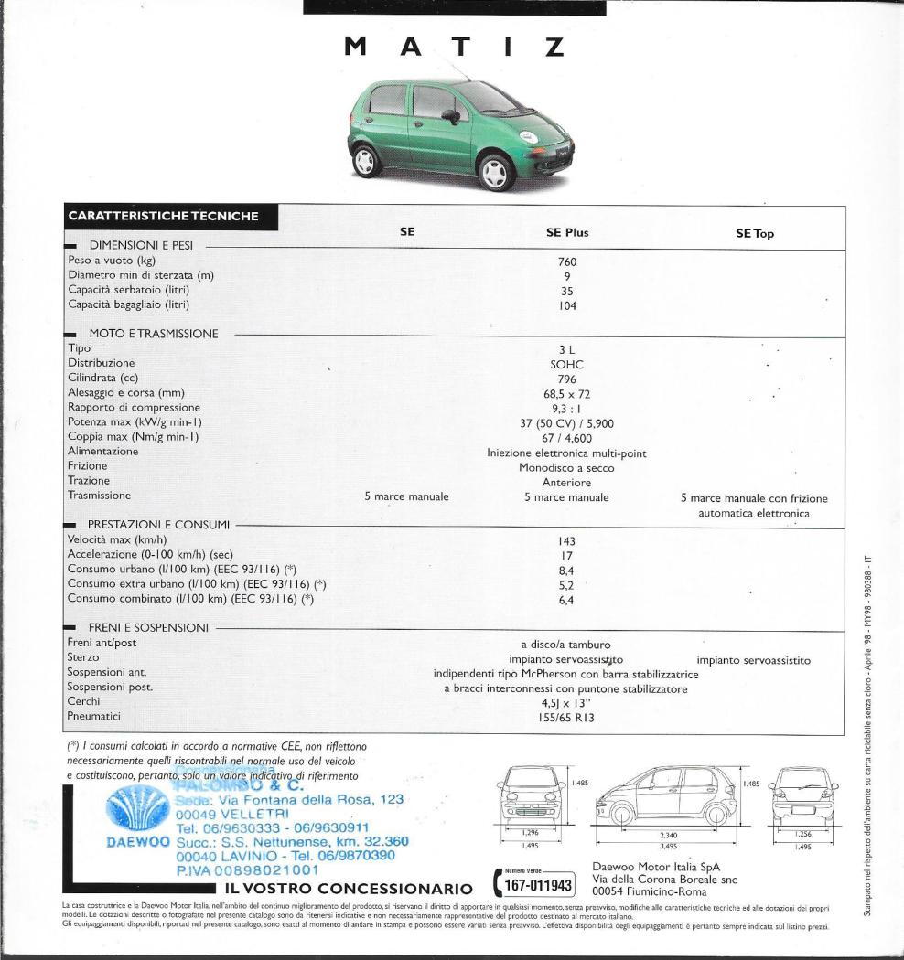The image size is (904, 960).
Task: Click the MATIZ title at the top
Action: (453, 46)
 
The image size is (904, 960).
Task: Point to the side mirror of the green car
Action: (452, 116)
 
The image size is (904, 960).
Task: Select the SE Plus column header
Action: (566, 232)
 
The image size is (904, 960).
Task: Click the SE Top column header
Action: (754, 233)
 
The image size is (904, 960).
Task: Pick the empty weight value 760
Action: (566, 261)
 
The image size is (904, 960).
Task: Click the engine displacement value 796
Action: (566, 378)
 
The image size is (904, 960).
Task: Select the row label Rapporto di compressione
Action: (134, 407)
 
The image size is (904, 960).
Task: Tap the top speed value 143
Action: (566, 540)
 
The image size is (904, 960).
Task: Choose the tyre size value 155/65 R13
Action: (566, 718)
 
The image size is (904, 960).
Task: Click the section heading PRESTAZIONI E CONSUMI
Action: (158, 525)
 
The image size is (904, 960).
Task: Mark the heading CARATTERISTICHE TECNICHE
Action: (163, 217)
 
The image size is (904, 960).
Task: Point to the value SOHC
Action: (566, 363)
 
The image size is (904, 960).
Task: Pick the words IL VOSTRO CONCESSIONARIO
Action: (346, 888)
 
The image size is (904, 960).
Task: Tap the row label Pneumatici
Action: (94, 717)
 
